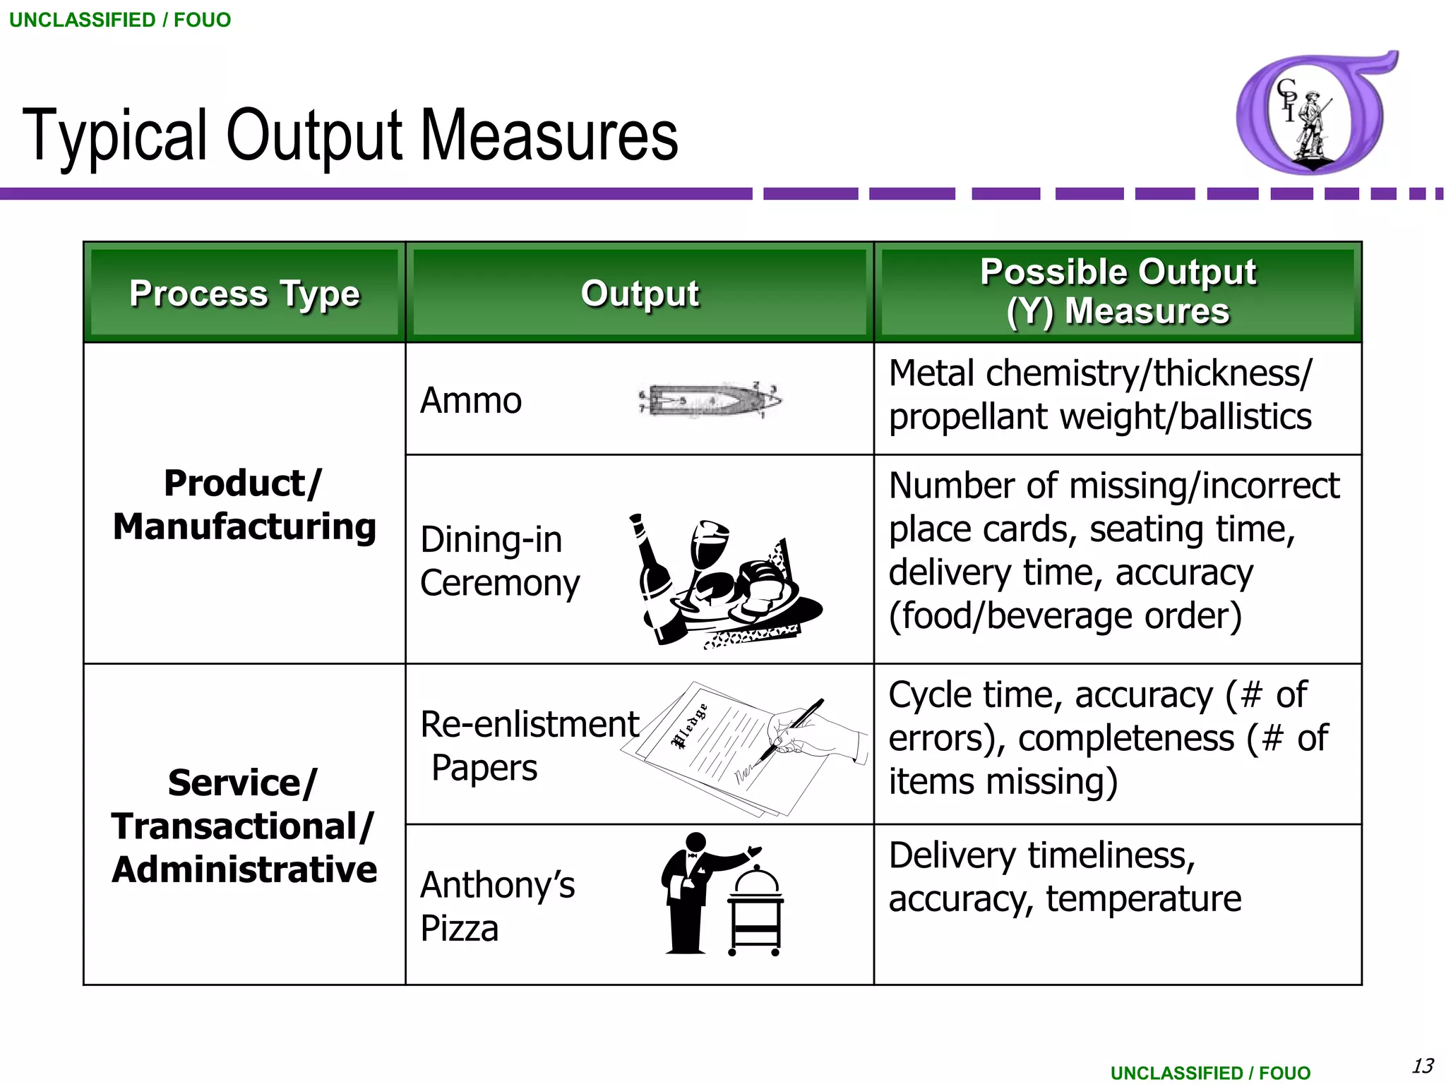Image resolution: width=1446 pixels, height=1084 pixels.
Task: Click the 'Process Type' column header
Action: pos(244,293)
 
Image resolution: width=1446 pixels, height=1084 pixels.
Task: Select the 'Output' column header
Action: pos(640,293)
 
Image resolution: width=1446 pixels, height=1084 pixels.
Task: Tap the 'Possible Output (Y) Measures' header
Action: pos(1118,291)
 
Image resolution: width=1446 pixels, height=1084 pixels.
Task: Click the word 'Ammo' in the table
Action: pos(470,401)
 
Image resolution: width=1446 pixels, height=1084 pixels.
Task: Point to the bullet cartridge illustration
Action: pos(710,400)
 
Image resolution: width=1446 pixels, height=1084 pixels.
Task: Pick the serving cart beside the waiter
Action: pos(755,914)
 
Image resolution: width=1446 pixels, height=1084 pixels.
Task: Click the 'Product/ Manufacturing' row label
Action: pos(244,505)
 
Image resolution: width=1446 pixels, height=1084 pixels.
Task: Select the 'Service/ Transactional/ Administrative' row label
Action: pos(244,826)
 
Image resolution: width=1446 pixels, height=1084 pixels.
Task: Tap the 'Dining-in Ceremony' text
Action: pos(499,561)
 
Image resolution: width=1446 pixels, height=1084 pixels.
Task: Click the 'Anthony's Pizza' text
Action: pos(497,906)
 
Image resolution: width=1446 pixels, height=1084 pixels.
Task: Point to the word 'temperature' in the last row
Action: pos(1143,898)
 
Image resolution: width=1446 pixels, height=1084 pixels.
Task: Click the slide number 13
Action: pos(1422,1065)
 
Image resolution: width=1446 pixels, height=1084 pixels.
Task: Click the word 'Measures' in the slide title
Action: pos(549,135)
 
